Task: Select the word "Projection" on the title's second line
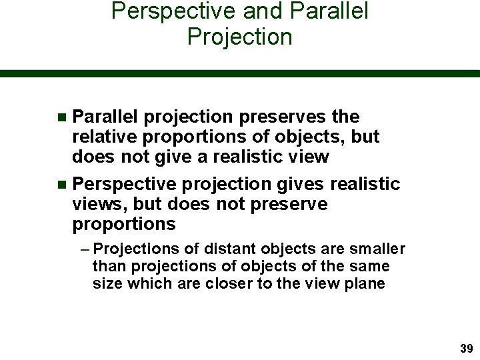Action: (x=240, y=37)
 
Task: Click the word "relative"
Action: (x=105, y=137)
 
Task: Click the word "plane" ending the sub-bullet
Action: (x=365, y=283)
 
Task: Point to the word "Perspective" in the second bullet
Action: (x=125, y=184)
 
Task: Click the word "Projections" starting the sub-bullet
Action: (x=137, y=249)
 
